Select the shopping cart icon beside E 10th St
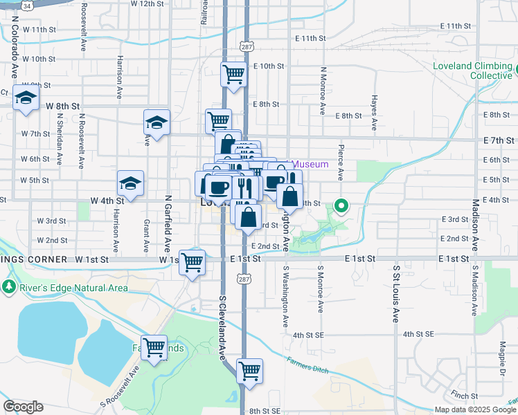[234, 73]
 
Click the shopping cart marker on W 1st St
[193, 262]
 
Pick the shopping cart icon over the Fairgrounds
[154, 347]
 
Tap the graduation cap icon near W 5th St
[130, 183]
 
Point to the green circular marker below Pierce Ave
[341, 205]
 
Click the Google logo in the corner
[23, 407]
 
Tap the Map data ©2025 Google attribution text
[475, 409]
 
